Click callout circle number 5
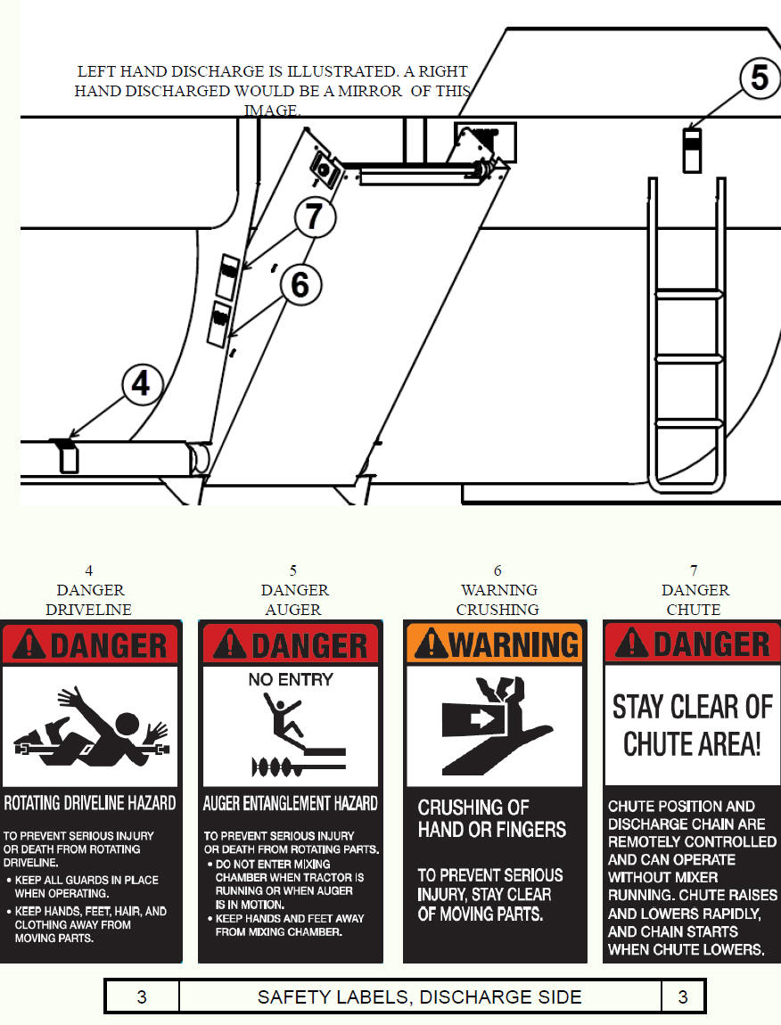(760, 78)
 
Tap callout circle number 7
(315, 217)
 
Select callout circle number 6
(300, 285)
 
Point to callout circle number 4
(142, 384)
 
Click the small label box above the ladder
(692, 151)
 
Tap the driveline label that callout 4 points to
(68, 456)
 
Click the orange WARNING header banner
(495, 644)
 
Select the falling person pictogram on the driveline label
(91, 726)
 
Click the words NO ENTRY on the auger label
(291, 680)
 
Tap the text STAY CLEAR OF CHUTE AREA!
(693, 725)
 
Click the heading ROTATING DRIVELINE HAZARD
(90, 803)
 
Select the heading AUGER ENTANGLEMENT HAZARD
(291, 803)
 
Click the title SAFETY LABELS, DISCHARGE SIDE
(419, 996)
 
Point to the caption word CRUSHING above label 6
(497, 610)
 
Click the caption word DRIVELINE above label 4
(89, 610)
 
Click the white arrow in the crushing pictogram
(482, 719)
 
